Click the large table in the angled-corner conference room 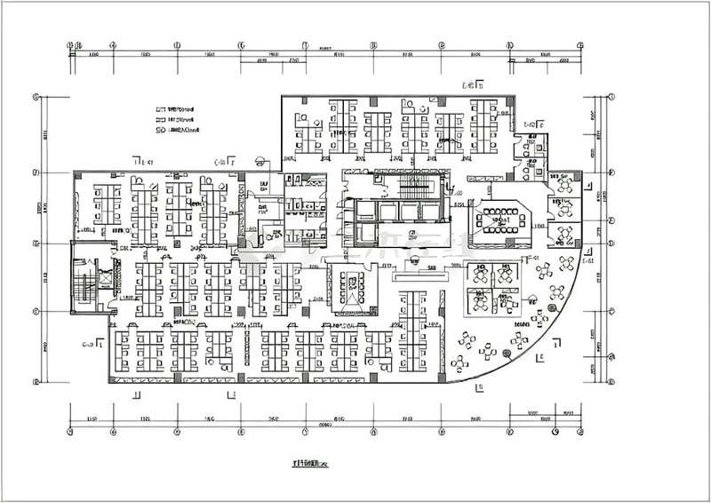(x=502, y=219)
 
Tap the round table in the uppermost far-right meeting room (x=565, y=187)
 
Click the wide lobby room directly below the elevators (x=411, y=236)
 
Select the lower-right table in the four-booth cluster (x=507, y=304)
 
